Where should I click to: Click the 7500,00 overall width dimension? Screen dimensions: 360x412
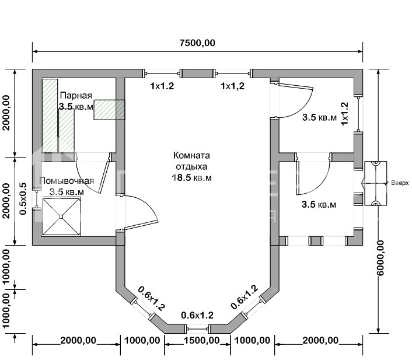tap(197, 43)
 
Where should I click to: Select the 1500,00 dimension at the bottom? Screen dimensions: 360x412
tap(198, 340)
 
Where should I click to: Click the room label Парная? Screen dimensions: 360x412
tap(75, 95)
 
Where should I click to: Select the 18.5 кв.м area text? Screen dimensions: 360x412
tap(191, 177)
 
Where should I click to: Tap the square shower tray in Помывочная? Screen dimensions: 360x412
tap(61, 215)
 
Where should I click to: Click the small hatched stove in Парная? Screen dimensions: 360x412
tap(109, 109)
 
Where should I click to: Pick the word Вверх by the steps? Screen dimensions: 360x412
tap(400, 183)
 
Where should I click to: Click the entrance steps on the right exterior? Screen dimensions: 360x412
tap(375, 183)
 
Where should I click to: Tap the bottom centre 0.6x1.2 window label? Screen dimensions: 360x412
tap(197, 315)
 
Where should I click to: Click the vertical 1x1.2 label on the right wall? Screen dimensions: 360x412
tap(344, 114)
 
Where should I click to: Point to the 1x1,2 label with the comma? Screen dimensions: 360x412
tap(232, 86)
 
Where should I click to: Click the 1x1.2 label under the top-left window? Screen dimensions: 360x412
tap(162, 86)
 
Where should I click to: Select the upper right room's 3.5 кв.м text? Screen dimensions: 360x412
tap(319, 117)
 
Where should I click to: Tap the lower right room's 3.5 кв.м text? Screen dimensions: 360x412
tap(319, 205)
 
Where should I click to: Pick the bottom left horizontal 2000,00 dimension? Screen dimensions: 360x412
tap(78, 340)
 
